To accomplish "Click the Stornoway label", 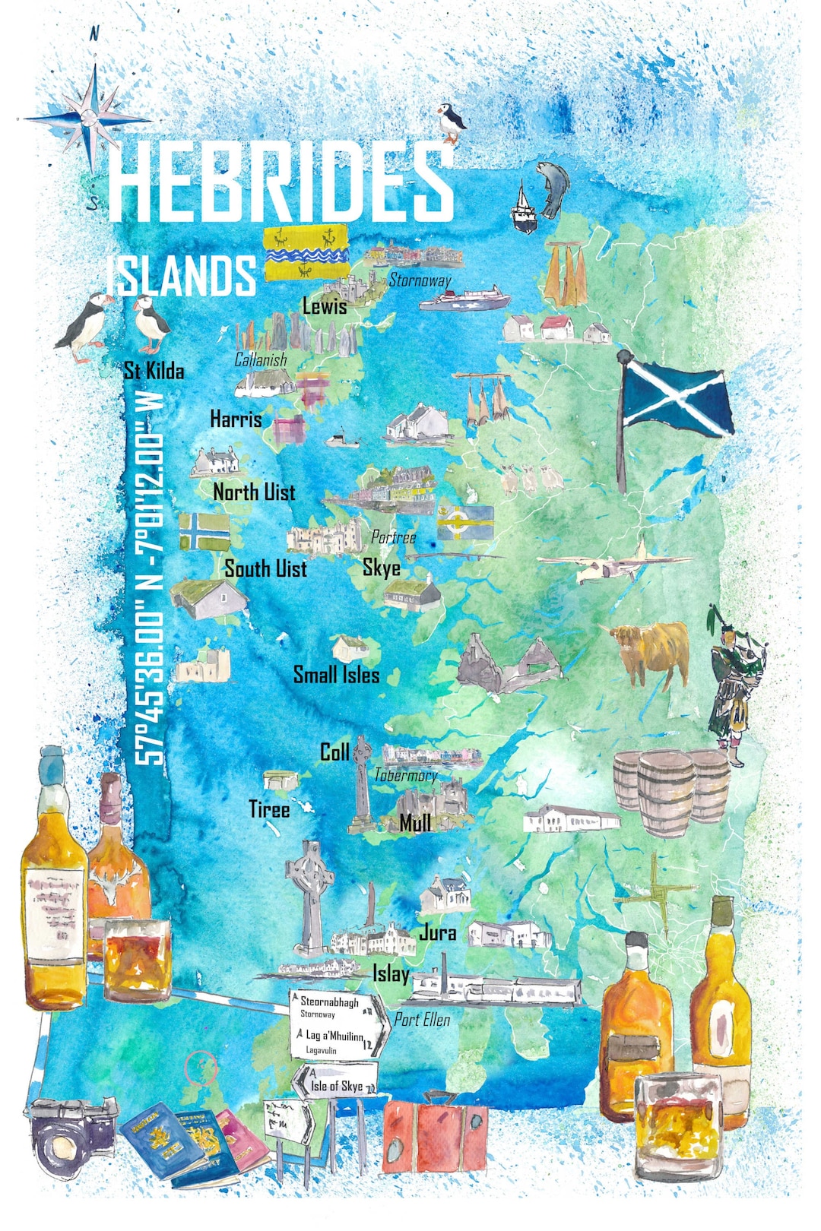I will tap(420, 280).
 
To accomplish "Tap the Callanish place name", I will tap(261, 359).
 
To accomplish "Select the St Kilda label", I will tap(154, 371).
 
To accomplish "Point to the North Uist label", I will tap(254, 492).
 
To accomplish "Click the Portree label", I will tap(394, 537).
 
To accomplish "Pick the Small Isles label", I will tap(336, 675).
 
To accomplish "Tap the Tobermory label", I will tap(406, 776).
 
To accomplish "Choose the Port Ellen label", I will tap(422, 1020).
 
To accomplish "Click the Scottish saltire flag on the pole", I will tap(673, 399).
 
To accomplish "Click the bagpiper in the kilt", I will tap(734, 684).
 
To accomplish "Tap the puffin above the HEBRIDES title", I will tap(452, 122).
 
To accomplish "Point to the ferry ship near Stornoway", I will tap(464, 299).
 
